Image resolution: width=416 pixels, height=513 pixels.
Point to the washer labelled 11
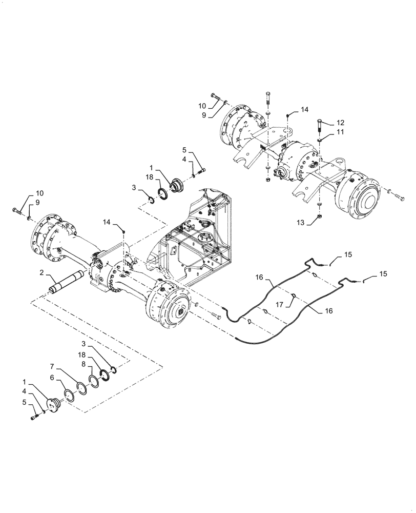click(x=318, y=140)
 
